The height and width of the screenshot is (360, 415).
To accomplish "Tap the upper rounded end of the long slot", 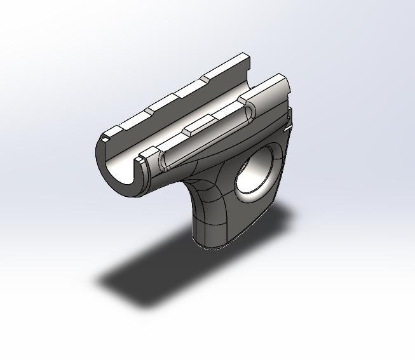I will [x=249, y=110].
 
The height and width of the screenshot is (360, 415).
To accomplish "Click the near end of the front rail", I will [x=147, y=153].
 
